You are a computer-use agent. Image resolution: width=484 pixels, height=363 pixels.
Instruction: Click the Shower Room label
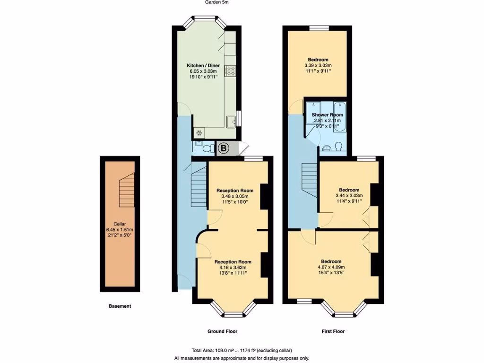tap(327, 115)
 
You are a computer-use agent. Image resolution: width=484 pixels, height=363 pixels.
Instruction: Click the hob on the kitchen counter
tap(231, 71)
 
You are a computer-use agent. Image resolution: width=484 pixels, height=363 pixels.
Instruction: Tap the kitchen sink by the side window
tap(231, 121)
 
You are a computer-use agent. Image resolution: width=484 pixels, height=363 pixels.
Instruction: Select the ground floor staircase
tap(199, 182)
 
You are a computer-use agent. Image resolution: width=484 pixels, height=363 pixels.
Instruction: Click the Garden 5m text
tap(217, 2)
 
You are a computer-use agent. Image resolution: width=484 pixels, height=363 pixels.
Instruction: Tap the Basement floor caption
tap(120, 306)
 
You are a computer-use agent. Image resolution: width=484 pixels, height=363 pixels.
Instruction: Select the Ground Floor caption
tap(222, 331)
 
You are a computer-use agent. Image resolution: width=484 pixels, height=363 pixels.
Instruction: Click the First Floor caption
tap(330, 331)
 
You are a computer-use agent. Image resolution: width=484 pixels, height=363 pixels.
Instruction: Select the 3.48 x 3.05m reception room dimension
tap(234, 196)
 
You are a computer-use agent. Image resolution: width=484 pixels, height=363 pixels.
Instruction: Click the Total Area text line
tap(242, 350)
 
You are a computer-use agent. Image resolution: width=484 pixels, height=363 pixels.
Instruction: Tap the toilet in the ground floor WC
tap(206, 149)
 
